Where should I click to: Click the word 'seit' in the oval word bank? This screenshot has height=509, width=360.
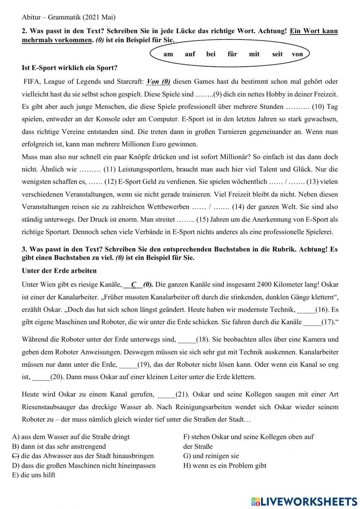click(277, 54)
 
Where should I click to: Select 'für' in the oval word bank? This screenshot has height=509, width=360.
click(232, 54)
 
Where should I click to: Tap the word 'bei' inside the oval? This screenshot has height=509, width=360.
click(211, 54)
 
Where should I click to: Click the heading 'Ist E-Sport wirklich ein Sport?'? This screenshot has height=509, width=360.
click(69, 68)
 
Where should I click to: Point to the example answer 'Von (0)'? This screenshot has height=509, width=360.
click(158, 82)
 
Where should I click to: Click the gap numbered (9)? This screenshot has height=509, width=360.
click(204, 94)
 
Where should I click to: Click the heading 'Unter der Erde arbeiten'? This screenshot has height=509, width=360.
click(59, 271)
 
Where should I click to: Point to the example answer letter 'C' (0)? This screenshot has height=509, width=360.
click(134, 285)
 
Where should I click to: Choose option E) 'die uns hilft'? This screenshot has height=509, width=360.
click(33, 475)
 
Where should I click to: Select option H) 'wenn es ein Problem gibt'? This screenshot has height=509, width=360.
click(225, 465)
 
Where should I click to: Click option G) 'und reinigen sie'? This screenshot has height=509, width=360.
click(211, 456)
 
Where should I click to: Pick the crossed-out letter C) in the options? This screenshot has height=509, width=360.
click(15, 456)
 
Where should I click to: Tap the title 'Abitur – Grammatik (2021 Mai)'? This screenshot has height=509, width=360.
click(68, 17)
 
